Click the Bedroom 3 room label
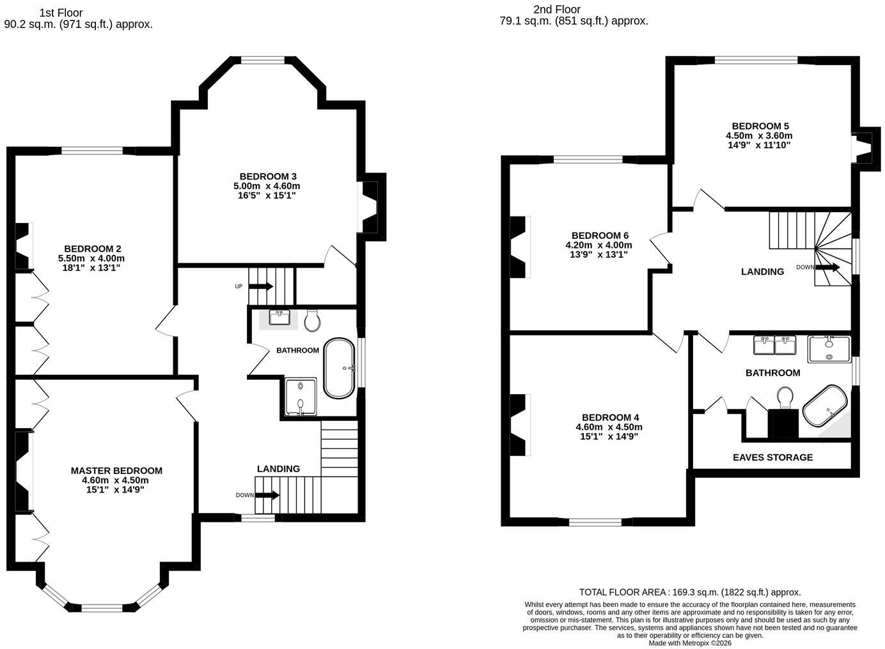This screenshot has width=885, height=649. [x=268, y=176]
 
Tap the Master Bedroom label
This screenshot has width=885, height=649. [x=116, y=471]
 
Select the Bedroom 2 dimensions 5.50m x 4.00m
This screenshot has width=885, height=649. [x=91, y=259]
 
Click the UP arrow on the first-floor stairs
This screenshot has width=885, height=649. [x=261, y=286]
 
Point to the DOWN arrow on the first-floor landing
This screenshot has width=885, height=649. [x=267, y=495]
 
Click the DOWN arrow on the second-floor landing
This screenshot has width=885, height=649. [x=828, y=267]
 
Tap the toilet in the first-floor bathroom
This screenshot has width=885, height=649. [x=312, y=321]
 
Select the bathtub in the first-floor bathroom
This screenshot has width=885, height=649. [x=339, y=368]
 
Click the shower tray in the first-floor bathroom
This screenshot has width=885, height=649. [x=301, y=397]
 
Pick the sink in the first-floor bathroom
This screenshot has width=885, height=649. [x=279, y=317]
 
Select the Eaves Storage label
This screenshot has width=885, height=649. [x=773, y=457]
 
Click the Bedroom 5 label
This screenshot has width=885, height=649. [x=760, y=126]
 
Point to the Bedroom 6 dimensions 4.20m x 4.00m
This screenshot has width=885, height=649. [x=599, y=245]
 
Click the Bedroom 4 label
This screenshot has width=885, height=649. [x=611, y=417]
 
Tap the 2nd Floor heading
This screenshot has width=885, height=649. [x=557, y=9]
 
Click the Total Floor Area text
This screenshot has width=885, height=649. [x=690, y=603]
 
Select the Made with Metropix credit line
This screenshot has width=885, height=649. [x=690, y=643]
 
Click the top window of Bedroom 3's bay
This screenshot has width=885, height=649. [x=263, y=60]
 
